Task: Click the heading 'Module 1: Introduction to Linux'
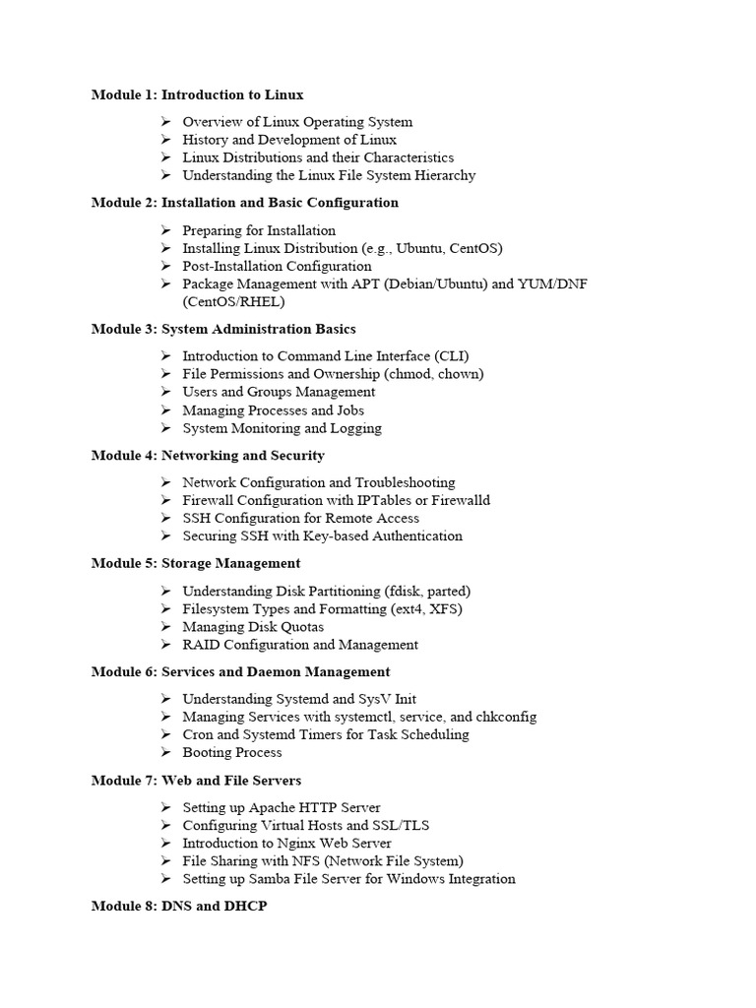197,94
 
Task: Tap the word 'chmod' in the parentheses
409,374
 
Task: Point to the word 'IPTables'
385,500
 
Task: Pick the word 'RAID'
201,645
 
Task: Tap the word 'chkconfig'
503,717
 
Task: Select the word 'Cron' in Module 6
198,734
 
